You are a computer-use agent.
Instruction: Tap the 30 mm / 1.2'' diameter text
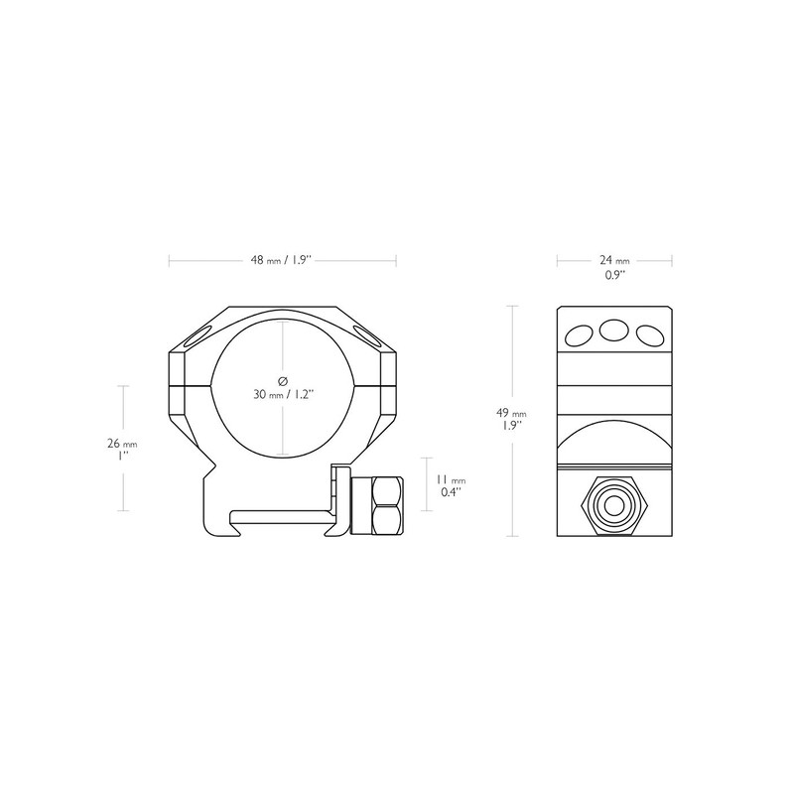[x=284, y=394]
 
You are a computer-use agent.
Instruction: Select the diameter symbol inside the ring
[x=283, y=381]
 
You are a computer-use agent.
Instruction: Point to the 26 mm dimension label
[x=122, y=444]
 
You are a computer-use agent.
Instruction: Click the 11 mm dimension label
[x=451, y=480]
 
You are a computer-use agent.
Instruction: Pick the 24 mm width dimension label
[x=614, y=260]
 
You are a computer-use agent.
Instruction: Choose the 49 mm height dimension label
[x=511, y=413]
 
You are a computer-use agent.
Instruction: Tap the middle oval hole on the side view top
[x=613, y=331]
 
